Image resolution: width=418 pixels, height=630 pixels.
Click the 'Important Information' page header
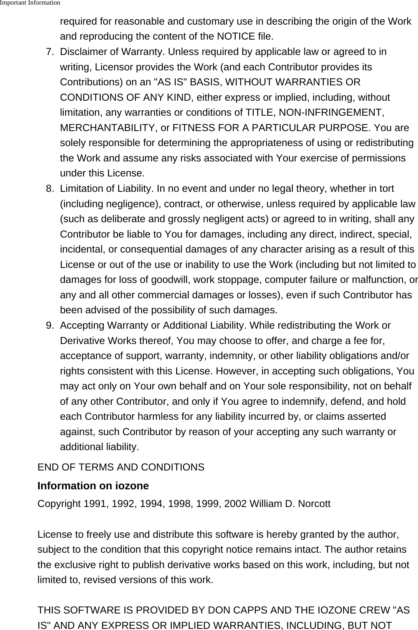[30, 3]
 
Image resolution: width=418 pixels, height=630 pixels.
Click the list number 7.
[50, 52]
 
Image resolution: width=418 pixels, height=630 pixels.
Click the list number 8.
[50, 189]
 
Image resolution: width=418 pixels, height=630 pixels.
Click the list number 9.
[50, 326]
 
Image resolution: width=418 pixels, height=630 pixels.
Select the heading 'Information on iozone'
[93, 486]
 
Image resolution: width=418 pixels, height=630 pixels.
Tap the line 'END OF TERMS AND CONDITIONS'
[121, 467]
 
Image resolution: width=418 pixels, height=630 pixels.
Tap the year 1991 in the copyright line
[96, 504]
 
